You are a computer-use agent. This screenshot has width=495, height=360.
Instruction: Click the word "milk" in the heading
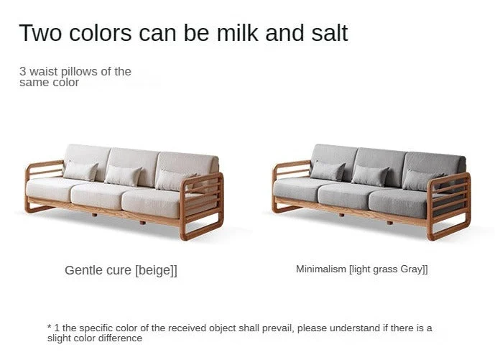click(237, 32)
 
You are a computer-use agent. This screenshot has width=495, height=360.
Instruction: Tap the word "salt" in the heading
click(329, 32)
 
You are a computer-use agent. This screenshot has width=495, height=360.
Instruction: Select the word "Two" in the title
click(40, 32)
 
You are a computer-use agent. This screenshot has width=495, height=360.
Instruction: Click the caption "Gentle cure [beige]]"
click(121, 270)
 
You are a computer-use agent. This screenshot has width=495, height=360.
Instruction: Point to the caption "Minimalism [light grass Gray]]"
click(362, 269)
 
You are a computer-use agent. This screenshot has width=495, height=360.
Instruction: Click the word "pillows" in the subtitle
click(79, 72)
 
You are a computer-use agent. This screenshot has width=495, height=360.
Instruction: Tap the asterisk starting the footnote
click(50, 326)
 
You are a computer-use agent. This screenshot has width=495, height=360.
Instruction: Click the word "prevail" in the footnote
click(280, 328)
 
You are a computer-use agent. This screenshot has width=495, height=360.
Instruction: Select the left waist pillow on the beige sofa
click(80, 171)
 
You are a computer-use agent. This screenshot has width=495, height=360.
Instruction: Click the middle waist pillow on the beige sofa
click(123, 175)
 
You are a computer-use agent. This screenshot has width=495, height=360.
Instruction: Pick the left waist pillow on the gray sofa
click(328, 171)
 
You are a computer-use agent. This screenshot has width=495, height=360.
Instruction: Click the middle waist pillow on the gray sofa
click(370, 175)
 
